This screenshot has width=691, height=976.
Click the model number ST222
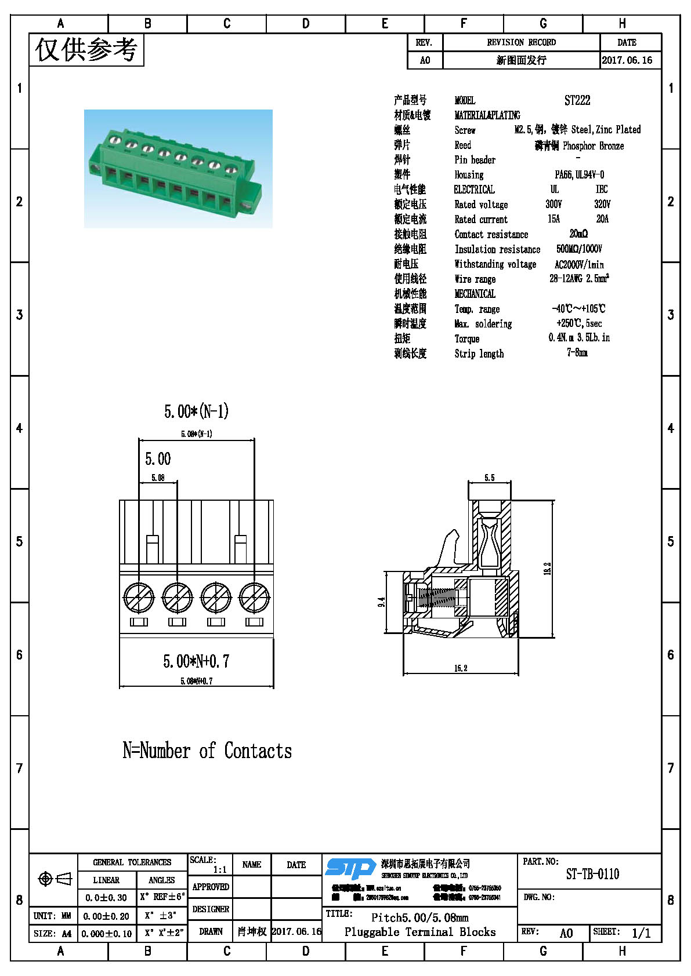click(577, 100)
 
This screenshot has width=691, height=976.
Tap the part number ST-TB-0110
click(592, 874)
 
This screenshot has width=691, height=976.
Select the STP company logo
click(350, 868)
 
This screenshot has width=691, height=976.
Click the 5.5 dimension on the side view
click(490, 478)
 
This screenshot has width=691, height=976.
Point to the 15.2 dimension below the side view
click(461, 668)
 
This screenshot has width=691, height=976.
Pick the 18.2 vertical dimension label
click(547, 569)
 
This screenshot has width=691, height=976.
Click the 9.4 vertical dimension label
click(382, 602)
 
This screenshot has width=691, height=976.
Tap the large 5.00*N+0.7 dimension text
click(196, 661)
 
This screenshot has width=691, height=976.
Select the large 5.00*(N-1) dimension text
click(196, 411)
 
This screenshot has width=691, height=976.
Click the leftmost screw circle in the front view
click(139, 598)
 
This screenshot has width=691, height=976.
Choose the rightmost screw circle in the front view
click(254, 598)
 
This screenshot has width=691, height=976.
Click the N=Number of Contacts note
click(207, 751)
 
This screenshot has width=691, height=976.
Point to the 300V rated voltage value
click(553, 204)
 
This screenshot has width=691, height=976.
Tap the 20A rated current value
click(602, 218)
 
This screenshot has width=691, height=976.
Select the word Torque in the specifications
click(467, 338)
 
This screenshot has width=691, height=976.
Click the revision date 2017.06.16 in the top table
click(627, 60)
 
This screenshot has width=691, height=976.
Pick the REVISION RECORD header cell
click(521, 42)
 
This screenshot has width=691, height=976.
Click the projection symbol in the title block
click(55, 879)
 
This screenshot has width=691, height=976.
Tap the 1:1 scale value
click(220, 869)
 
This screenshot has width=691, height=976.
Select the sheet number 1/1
click(641, 933)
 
